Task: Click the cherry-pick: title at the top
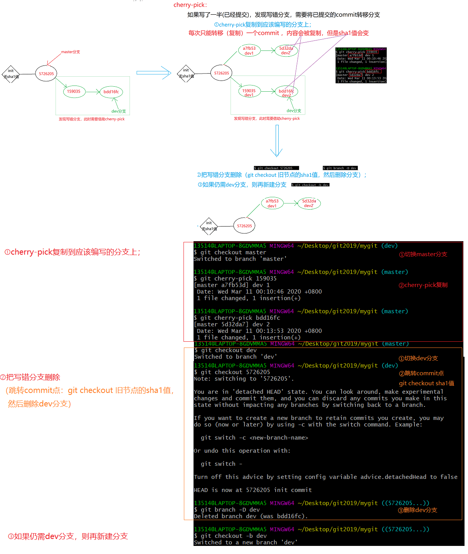click(x=190, y=5)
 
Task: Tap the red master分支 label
click(x=71, y=52)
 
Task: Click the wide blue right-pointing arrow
click(x=153, y=72)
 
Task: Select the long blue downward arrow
click(x=277, y=141)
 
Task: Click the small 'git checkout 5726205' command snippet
click(x=276, y=168)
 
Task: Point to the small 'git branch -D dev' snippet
click(x=340, y=168)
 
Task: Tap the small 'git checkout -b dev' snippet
click(x=310, y=185)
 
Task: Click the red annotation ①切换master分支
click(x=423, y=254)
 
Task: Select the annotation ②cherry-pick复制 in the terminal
click(x=423, y=285)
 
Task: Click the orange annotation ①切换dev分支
click(x=418, y=358)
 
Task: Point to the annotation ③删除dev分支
click(x=417, y=510)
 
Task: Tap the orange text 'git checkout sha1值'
click(x=426, y=383)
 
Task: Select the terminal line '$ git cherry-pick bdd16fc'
click(x=237, y=318)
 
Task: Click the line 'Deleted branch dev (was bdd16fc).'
click(x=251, y=516)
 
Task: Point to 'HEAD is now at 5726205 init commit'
click(x=253, y=490)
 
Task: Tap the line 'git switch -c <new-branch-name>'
click(x=254, y=438)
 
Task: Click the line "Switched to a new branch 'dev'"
click(x=246, y=542)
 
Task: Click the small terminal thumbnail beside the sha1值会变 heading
click(x=361, y=65)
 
